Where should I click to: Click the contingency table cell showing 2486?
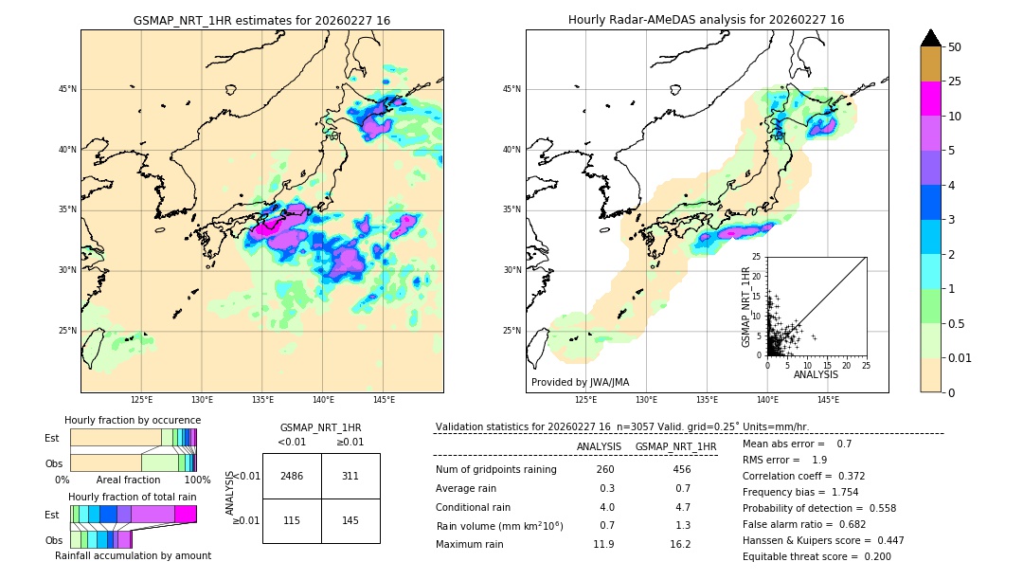click(292, 476)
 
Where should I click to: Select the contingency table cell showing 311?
click(350, 476)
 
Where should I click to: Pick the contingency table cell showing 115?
click(292, 521)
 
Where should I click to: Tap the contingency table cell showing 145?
click(350, 521)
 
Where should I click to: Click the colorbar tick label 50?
click(956, 47)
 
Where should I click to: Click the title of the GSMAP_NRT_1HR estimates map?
click(261, 20)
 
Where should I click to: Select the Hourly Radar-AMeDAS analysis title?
click(707, 20)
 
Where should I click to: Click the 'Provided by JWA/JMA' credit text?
click(580, 382)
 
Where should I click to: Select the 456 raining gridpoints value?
click(681, 470)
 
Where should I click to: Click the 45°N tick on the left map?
click(67, 89)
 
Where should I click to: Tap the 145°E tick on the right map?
click(828, 399)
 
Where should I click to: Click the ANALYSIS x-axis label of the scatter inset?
click(816, 374)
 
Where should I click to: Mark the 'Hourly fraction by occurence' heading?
click(133, 420)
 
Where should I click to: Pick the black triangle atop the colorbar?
click(931, 38)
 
